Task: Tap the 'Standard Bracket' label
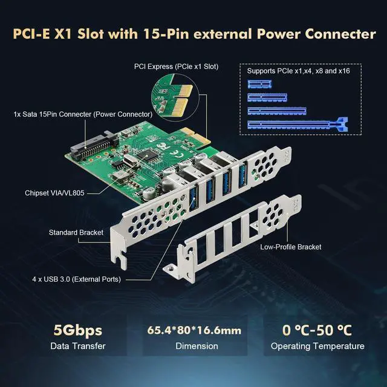(76, 232)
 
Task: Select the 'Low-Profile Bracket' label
(290, 247)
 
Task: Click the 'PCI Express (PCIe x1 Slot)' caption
(175, 66)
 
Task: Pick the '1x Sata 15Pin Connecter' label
(83, 114)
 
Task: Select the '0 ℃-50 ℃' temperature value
(317, 330)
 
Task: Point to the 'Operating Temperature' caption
(317, 346)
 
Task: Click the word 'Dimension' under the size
(196, 346)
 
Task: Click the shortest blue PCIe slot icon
(261, 84)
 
